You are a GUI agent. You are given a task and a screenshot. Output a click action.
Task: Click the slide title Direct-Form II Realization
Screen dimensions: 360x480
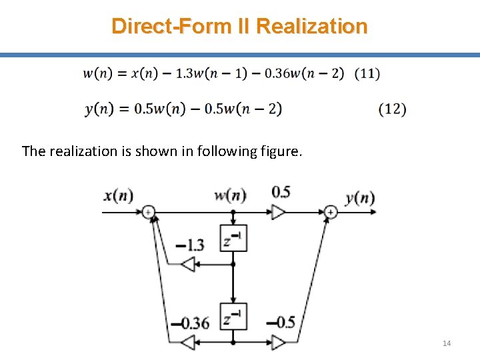pyautogui.click(x=239, y=26)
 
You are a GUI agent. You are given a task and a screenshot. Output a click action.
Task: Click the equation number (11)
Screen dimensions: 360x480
pyautogui.click(x=367, y=73)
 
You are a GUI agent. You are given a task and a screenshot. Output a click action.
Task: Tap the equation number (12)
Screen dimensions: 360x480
pyautogui.click(x=392, y=109)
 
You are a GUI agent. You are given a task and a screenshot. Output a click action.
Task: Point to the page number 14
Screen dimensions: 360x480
pyautogui.click(x=447, y=343)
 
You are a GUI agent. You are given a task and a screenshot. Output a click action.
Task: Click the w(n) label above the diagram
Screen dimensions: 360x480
pyautogui.click(x=230, y=195)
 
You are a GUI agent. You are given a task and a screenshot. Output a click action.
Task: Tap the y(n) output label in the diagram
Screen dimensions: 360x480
pyautogui.click(x=360, y=197)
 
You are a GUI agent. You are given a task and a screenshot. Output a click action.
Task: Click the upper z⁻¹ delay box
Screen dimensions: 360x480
pyautogui.click(x=233, y=239)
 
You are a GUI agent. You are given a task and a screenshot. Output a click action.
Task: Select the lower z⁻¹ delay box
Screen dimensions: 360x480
pyautogui.click(x=233, y=315)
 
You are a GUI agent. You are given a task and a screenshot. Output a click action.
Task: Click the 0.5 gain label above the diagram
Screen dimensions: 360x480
pyautogui.click(x=281, y=193)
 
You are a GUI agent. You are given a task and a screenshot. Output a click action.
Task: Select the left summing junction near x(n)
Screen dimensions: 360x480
pyautogui.click(x=149, y=212)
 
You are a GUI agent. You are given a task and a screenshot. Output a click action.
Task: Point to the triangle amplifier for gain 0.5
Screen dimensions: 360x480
pyautogui.click(x=278, y=212)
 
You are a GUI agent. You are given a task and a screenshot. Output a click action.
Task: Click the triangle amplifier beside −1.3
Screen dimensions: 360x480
pyautogui.click(x=188, y=264)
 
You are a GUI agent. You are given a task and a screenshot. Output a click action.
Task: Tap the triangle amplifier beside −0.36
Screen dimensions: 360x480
pyautogui.click(x=188, y=342)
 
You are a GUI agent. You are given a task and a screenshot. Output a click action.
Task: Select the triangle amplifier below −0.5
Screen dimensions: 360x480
pyautogui.click(x=278, y=342)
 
